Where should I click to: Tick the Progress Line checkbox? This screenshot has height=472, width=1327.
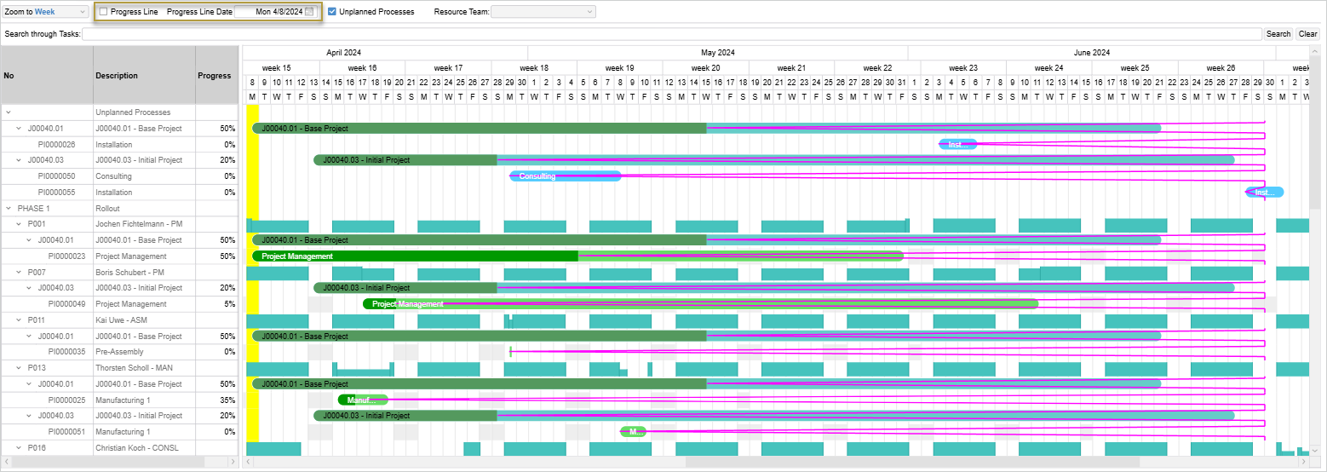coord(103,12)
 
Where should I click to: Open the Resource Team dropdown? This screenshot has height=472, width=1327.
coord(543,12)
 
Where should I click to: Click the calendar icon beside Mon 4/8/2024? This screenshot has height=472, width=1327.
coord(309,12)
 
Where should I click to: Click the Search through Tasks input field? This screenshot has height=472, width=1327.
coord(671,34)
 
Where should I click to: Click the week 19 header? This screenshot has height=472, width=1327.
coord(619,68)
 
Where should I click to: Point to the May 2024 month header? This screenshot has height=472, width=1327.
coord(717,53)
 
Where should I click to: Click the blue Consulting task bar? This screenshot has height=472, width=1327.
coord(566,176)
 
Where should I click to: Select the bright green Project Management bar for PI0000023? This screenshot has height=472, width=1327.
coord(415,256)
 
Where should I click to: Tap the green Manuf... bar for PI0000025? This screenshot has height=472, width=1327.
coord(363,400)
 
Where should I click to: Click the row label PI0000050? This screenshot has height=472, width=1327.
coord(56,176)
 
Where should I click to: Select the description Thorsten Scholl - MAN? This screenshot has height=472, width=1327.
coord(128,368)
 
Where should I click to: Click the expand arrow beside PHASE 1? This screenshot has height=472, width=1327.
coord(9,208)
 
